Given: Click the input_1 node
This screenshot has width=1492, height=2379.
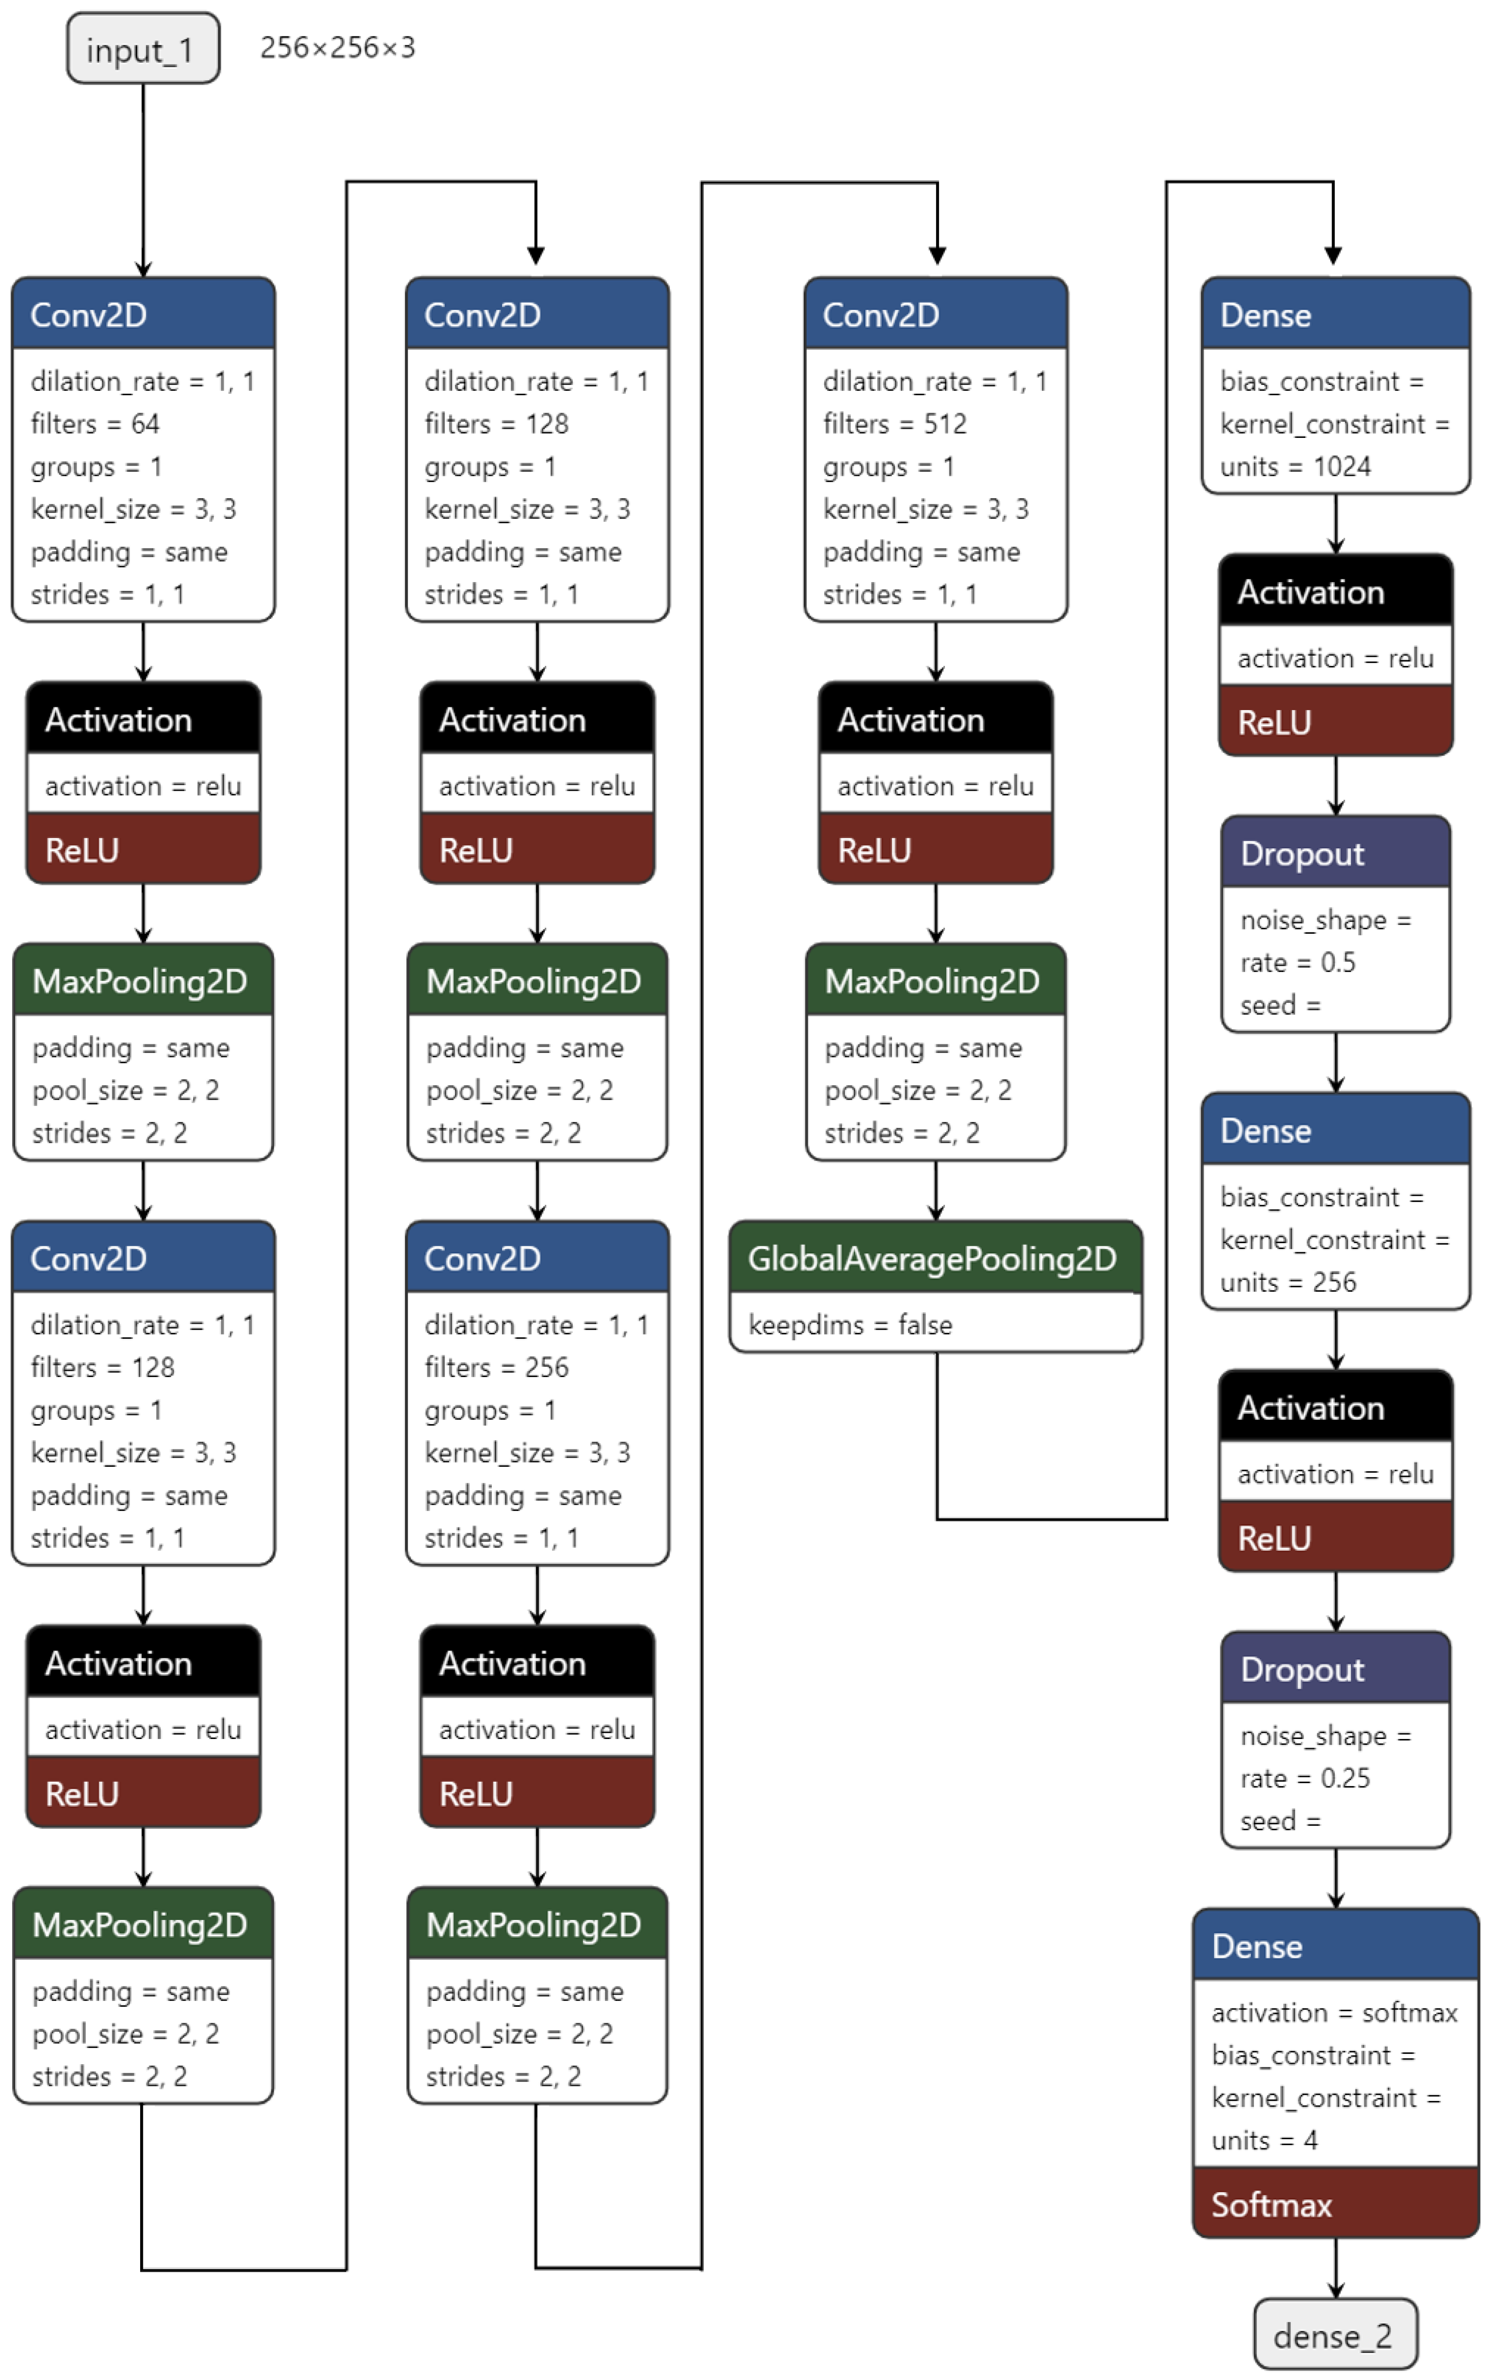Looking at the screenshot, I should tap(143, 49).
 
